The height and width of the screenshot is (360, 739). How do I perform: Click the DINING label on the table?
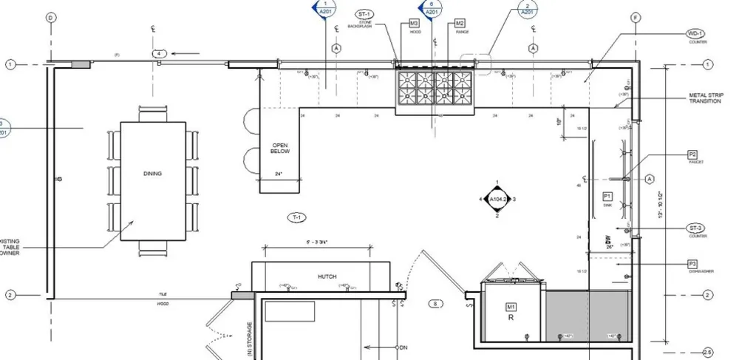point(152,174)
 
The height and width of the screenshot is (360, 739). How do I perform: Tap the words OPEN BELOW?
point(280,148)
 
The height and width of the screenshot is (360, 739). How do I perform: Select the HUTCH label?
point(327,276)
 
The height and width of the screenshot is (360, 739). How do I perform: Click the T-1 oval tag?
point(296,217)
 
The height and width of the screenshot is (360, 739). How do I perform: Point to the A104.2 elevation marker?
point(497,200)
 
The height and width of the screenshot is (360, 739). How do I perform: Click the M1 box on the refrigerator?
point(510,306)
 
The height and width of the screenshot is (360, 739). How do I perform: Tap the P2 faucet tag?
point(692,154)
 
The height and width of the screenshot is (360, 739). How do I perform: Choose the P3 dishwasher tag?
point(692,264)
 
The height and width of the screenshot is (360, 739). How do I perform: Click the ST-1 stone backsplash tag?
point(364,15)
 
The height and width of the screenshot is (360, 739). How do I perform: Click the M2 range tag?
point(460,24)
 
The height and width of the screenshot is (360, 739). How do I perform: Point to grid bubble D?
point(51,17)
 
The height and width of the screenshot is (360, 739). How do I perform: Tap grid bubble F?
point(635,17)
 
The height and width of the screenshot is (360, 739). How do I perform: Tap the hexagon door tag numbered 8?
point(436,303)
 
